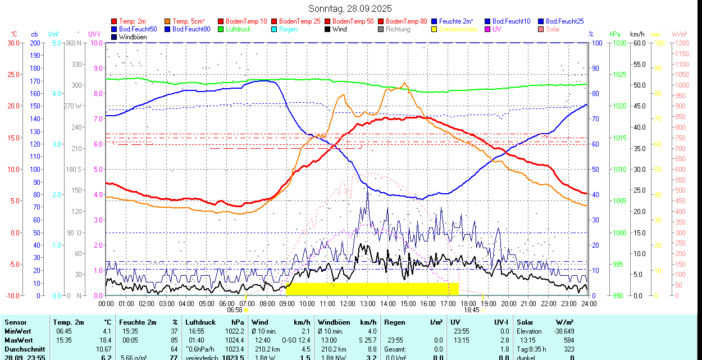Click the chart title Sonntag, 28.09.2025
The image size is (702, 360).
(x=350, y=8)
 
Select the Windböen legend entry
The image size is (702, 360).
(x=133, y=37)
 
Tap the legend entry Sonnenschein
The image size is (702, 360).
(x=458, y=29)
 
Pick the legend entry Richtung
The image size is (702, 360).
(x=398, y=29)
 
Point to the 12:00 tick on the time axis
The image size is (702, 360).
(x=348, y=304)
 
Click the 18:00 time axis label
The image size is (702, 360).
(x=468, y=304)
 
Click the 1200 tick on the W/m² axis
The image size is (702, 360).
(x=681, y=43)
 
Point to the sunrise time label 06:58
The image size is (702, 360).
(x=235, y=310)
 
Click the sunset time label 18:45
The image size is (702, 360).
(x=472, y=310)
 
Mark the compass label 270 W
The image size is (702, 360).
(x=73, y=106)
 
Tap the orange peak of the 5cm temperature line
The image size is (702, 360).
(x=404, y=83)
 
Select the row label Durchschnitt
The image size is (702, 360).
(x=25, y=349)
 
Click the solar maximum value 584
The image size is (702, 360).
(x=568, y=340)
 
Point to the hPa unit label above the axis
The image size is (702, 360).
(x=615, y=34)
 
